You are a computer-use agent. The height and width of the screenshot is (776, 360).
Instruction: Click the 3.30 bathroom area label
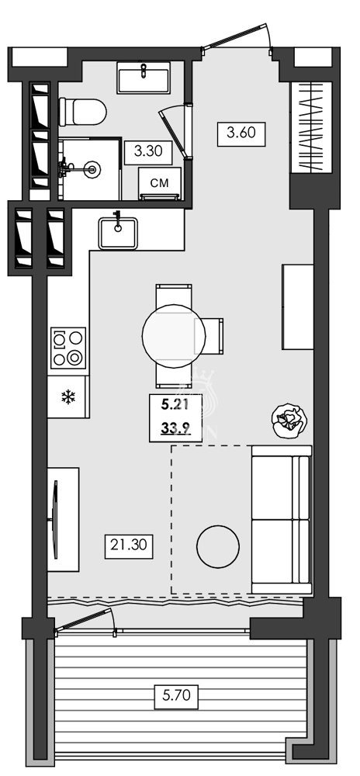pos(148,152)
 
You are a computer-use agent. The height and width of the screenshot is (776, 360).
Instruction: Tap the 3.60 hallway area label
pos(241,132)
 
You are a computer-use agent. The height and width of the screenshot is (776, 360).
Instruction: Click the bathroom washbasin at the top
pos(145,78)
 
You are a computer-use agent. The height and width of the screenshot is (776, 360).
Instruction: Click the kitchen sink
pos(117,232)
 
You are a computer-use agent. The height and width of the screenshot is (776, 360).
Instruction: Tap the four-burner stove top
pos(67,348)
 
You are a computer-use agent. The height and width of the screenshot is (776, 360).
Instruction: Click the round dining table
pos(175,335)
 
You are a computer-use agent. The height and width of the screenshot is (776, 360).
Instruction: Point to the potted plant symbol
pos(289,421)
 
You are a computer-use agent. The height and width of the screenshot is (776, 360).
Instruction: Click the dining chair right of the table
pos(215,335)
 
